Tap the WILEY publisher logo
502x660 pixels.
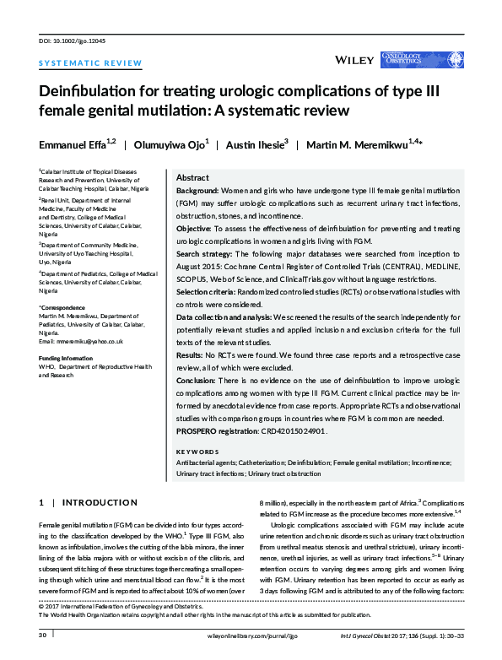(355, 60)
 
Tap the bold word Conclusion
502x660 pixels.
(199, 382)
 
